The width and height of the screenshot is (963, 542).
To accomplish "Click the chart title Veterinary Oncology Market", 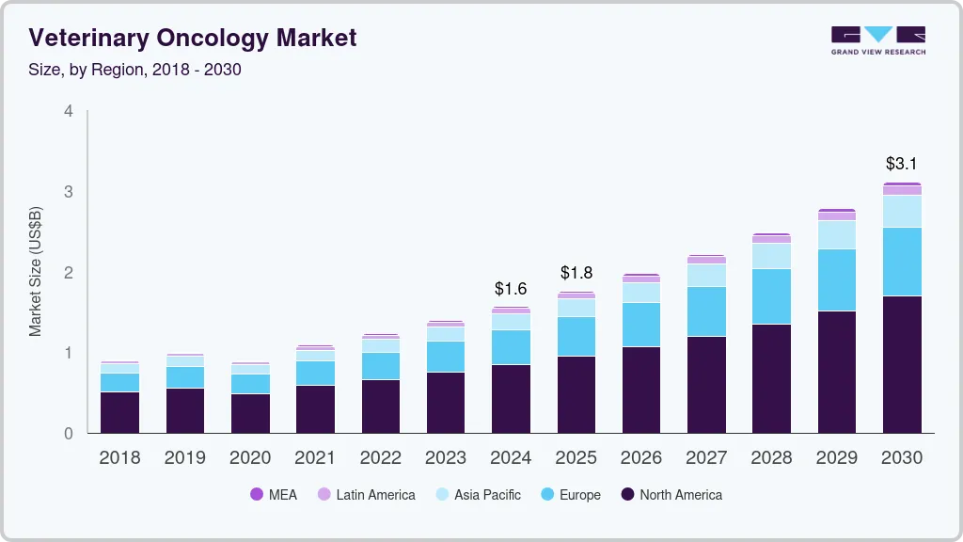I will pyautogui.click(x=193, y=39).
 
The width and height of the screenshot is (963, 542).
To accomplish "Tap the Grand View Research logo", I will pyautogui.click(x=877, y=40).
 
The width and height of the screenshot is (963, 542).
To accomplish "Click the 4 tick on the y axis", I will pyautogui.click(x=68, y=111).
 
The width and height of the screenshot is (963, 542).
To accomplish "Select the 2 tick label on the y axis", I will pyautogui.click(x=68, y=273).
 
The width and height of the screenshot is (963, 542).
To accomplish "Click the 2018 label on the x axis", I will pyautogui.click(x=119, y=458).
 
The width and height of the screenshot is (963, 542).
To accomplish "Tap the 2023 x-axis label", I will pyautogui.click(x=445, y=458).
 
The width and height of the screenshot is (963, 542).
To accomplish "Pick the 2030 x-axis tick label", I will pyautogui.click(x=901, y=458).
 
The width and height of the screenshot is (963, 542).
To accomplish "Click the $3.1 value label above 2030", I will pyautogui.click(x=901, y=164).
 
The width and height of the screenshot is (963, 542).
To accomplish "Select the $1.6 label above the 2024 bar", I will pyautogui.click(x=511, y=288).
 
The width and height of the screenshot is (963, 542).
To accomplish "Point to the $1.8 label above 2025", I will pyautogui.click(x=576, y=273).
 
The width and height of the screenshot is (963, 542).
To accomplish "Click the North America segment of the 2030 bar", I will pyautogui.click(x=901, y=364).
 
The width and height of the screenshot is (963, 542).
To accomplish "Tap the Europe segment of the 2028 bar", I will pyautogui.click(x=771, y=296).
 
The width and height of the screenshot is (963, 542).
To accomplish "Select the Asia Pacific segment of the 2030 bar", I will pyautogui.click(x=901, y=211).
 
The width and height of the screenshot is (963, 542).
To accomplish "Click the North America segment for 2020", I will pyautogui.click(x=250, y=413).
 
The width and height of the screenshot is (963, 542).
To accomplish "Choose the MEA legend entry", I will pyautogui.click(x=274, y=495).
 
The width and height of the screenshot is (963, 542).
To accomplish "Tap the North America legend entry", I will pyautogui.click(x=671, y=495).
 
